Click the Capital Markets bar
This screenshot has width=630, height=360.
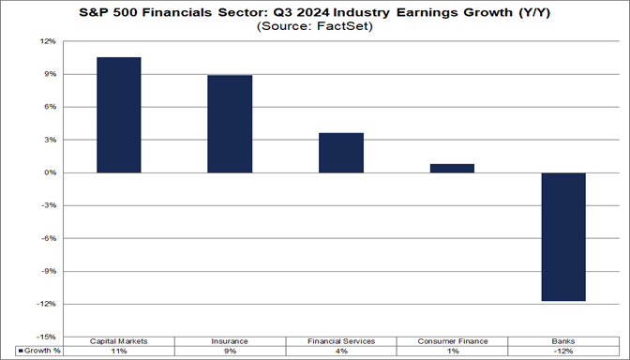[118, 114]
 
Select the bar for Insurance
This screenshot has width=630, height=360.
[230, 124]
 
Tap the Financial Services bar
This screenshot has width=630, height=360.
[340, 153]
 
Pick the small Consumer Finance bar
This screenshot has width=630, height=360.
[452, 169]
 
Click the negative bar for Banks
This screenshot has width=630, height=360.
[562, 236]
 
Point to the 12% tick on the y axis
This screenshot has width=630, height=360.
[48, 42]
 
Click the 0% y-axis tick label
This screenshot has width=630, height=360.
[50, 172]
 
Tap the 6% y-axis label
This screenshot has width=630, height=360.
[50, 107]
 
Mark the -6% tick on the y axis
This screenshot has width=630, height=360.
[49, 238]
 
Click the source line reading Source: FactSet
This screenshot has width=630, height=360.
[314, 28]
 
